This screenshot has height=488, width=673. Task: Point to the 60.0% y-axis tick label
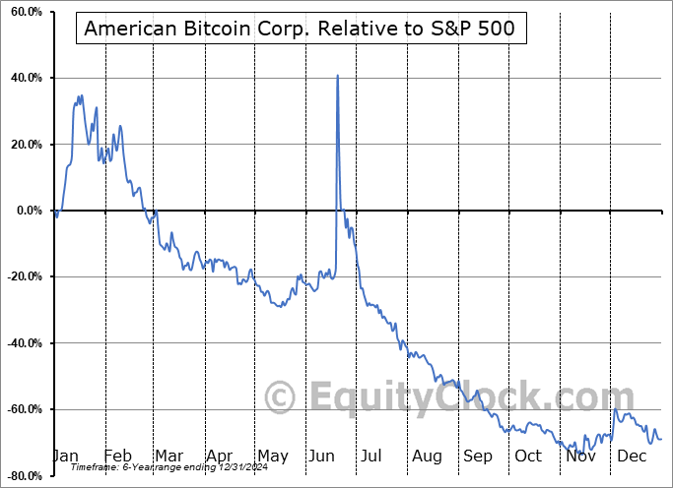pos(22,12)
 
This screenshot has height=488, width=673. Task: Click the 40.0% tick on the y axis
pos(22,78)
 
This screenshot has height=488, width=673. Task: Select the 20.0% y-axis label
pos(22,145)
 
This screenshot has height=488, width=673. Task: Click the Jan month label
pos(66,457)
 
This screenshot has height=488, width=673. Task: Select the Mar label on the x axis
pos(168,457)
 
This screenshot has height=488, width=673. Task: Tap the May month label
pos(272,457)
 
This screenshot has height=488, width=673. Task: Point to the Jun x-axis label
pos(322,457)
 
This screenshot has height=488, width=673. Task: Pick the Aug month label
pos(427,457)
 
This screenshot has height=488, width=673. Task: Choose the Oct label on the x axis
pos(528,457)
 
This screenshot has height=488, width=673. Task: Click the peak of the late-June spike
pos(337,76)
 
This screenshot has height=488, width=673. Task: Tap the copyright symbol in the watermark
pos(281,397)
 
